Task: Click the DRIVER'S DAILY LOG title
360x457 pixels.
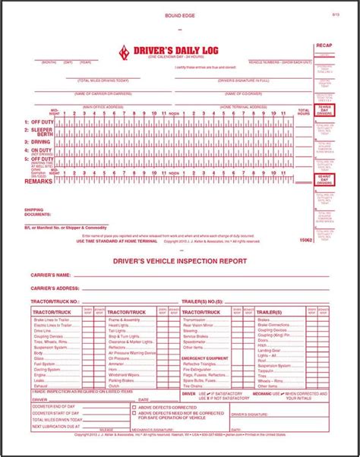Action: coord(165,49)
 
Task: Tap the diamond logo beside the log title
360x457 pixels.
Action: coord(125,52)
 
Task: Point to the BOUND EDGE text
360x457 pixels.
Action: coord(179,16)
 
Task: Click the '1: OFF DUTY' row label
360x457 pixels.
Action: coord(38,122)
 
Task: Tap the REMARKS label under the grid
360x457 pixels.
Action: coord(39,182)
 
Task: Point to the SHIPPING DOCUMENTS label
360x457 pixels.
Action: coord(39,213)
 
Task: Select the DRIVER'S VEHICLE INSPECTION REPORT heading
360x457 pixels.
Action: coord(180,260)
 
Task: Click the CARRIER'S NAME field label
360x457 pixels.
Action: coord(50,275)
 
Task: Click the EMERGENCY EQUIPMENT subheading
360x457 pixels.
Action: coord(205,357)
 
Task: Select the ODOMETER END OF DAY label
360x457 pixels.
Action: coord(54,406)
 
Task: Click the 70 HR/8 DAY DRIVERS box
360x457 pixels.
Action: coord(324,111)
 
